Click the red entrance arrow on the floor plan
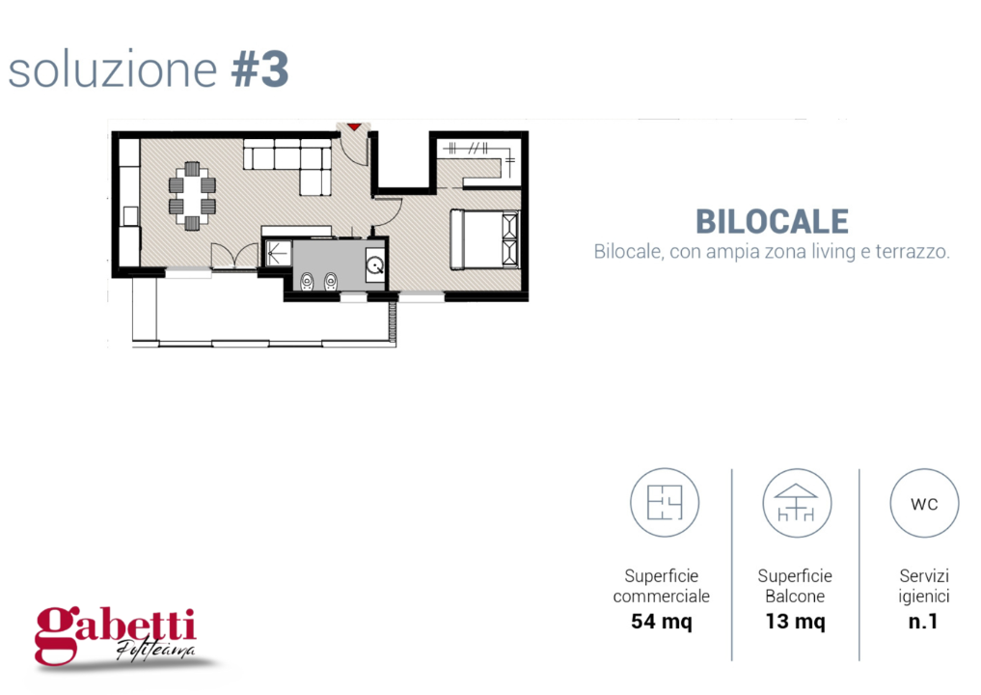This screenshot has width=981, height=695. tap(354, 125)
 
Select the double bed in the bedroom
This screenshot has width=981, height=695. tap(484, 239)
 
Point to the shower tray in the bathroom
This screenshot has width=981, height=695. tap(278, 253)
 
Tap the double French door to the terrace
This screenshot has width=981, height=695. tap(235, 257)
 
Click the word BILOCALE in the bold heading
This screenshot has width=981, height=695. tap(772, 221)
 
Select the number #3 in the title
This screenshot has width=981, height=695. tap(260, 70)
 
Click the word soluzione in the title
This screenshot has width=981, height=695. tap(113, 70)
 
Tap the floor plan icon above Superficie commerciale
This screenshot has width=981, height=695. tap(664, 502)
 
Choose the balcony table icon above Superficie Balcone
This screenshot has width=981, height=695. tap(796, 502)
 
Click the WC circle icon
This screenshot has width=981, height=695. tap(923, 503)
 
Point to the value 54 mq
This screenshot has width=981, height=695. tap(661, 622)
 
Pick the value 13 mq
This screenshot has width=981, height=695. tap(795, 622)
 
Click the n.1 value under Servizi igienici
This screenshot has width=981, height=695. tap(923, 622)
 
